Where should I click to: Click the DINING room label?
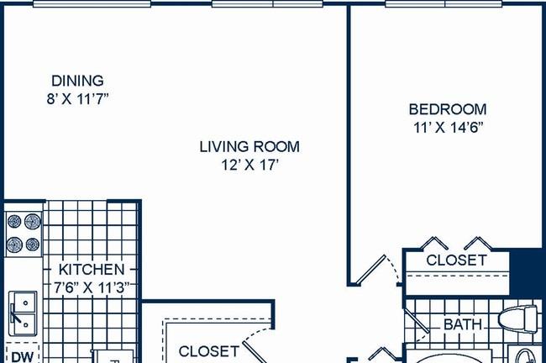tap(77, 81)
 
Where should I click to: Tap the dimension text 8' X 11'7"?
tap(77, 99)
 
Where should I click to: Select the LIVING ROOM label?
tap(249, 147)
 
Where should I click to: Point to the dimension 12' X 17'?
tap(249, 166)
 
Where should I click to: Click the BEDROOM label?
tap(448, 109)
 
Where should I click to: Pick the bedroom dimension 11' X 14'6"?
tap(449, 128)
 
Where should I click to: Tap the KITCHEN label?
tap(92, 269)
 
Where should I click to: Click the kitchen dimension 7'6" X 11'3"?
tap(92, 287)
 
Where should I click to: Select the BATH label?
tap(463, 324)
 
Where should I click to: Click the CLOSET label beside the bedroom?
tap(456, 260)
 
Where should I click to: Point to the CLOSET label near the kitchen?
tap(209, 351)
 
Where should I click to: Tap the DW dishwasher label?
tap(23, 357)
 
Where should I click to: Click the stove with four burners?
tap(24, 233)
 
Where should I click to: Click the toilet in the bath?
tap(518, 319)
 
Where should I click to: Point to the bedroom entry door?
tap(371, 269)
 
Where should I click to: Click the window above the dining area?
tap(92, 3)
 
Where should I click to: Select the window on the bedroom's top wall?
tap(444, 3)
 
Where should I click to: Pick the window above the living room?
tap(267, 3)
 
